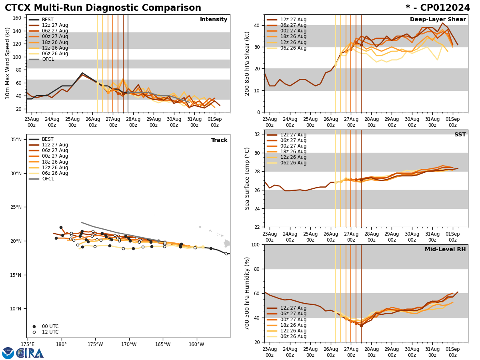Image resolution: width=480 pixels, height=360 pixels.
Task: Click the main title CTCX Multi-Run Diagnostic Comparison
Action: (103, 8)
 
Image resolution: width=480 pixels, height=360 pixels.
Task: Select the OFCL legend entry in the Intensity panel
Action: (48, 59)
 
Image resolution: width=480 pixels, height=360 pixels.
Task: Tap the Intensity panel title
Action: (213, 20)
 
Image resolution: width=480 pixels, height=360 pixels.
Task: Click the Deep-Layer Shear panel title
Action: (438, 20)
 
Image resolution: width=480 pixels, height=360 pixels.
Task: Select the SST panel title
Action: (460, 135)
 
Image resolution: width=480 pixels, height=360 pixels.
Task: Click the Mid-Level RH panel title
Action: (445, 250)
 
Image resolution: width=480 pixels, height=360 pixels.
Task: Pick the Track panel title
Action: (219, 140)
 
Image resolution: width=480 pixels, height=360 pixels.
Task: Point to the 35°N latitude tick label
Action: (16, 140)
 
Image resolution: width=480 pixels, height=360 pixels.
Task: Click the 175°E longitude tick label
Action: (28, 344)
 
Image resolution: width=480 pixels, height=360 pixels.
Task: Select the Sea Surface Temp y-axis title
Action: (247, 178)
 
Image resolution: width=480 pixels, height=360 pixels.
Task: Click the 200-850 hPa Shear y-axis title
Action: (247, 63)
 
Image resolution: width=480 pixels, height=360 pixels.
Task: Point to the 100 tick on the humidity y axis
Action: (256, 244)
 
